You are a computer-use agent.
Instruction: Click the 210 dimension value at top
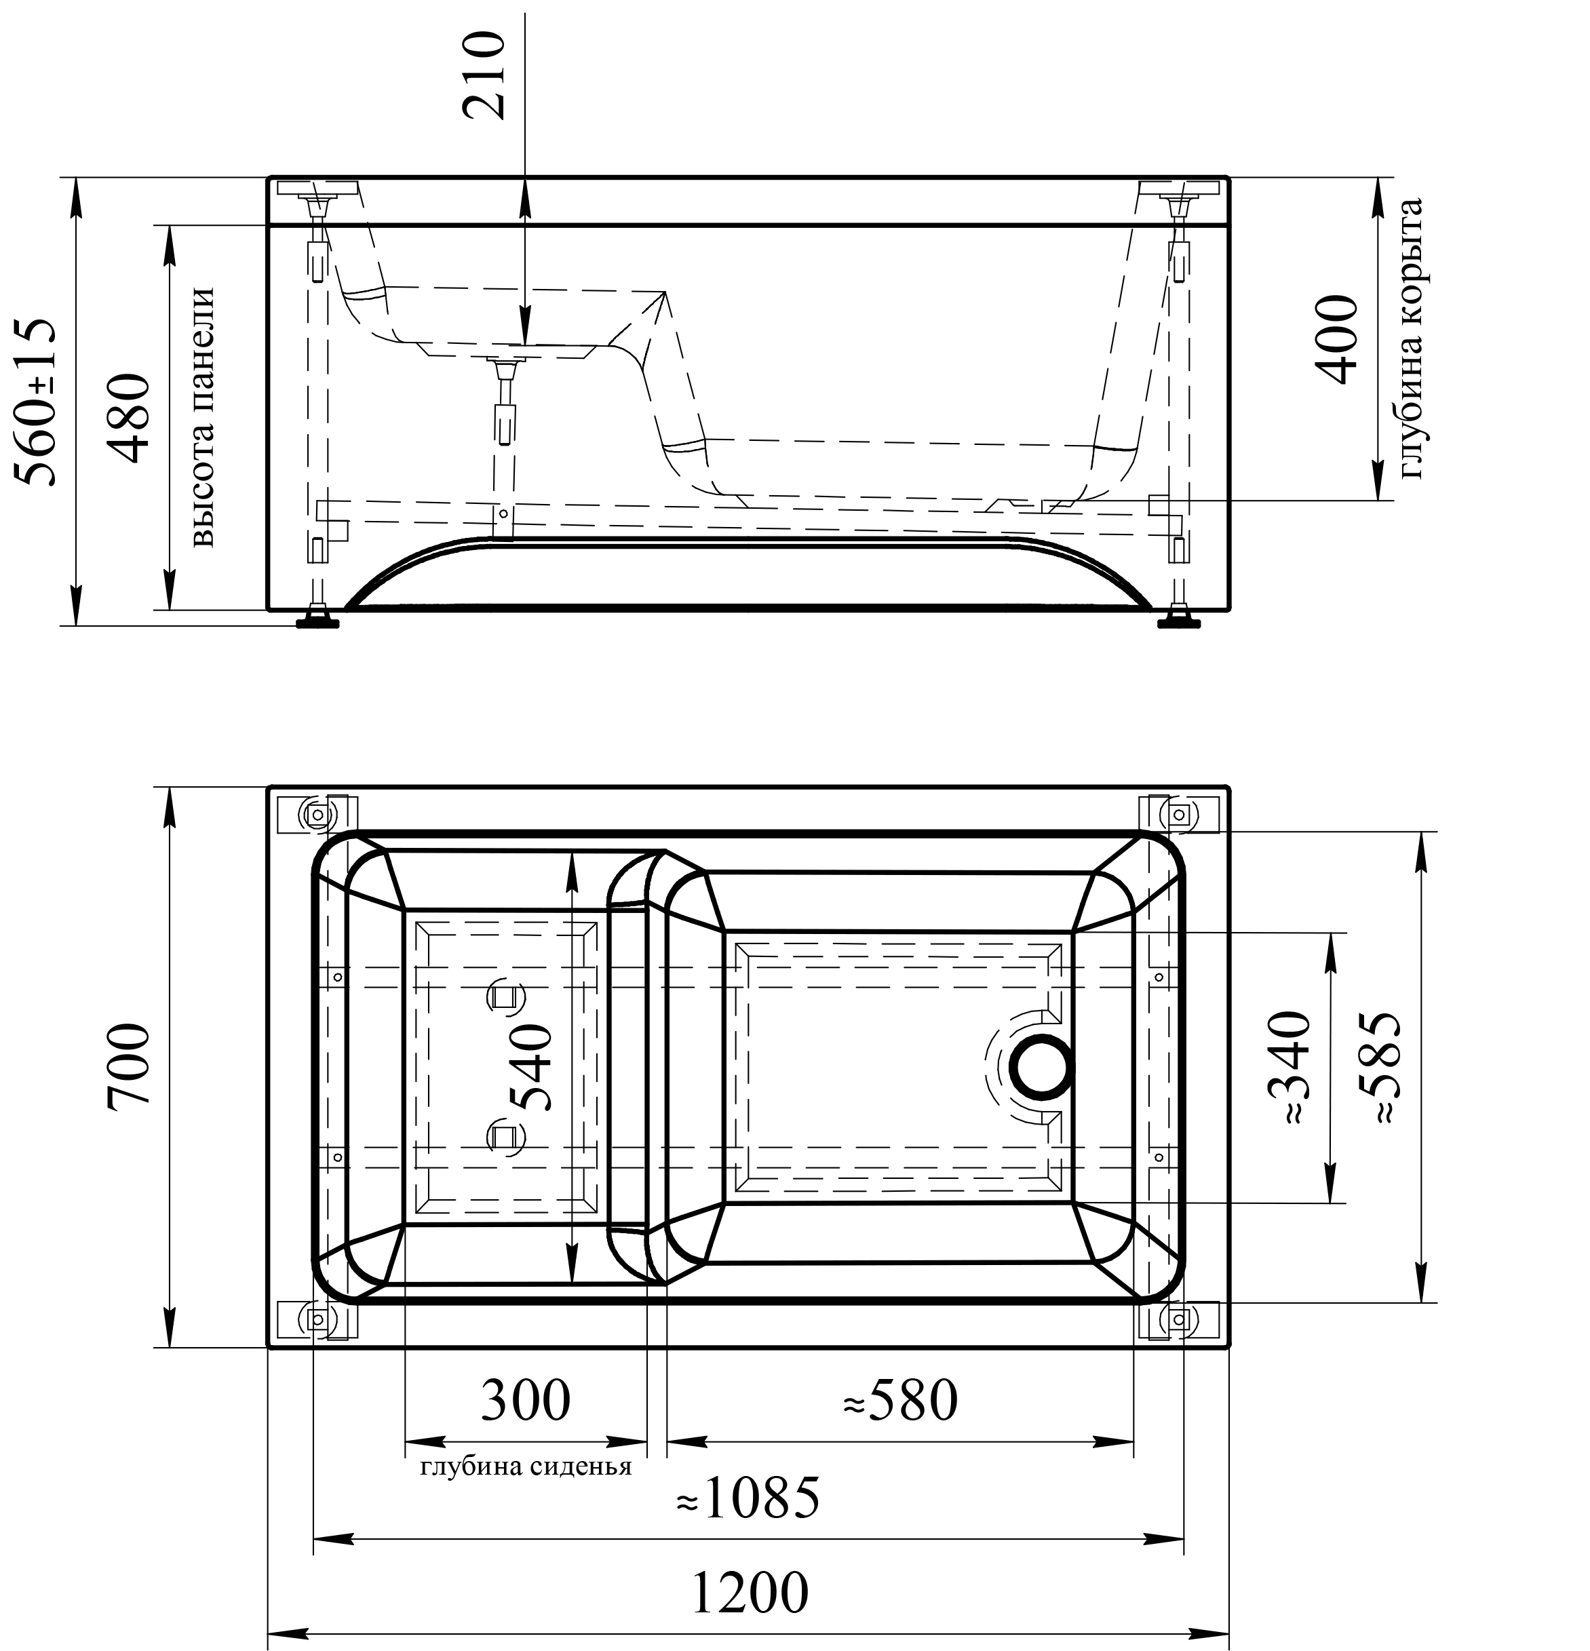484,75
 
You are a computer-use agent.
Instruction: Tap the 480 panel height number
132,418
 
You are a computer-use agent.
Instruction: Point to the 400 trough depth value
1336,338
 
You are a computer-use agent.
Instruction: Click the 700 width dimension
130,1064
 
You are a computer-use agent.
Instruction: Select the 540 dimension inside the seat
531,1067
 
